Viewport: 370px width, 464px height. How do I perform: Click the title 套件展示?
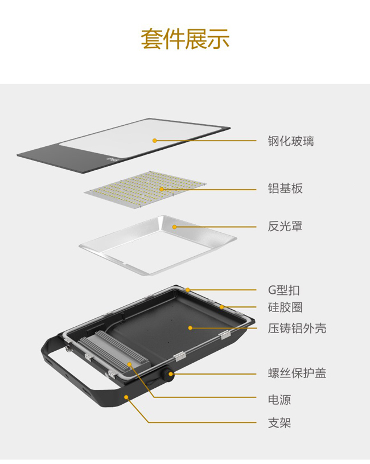(185, 39)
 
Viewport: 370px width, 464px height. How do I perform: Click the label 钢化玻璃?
(291, 141)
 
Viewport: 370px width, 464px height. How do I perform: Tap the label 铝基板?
(285, 188)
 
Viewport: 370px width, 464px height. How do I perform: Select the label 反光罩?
(285, 227)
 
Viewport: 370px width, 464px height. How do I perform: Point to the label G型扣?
(284, 290)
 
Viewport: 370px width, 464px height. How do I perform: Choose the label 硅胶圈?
(285, 307)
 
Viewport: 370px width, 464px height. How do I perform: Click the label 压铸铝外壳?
(297, 328)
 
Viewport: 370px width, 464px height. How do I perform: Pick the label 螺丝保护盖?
(297, 373)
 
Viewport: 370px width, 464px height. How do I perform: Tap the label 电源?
(279, 400)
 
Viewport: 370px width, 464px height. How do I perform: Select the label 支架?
(279, 423)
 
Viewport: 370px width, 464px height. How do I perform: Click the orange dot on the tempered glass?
(154, 141)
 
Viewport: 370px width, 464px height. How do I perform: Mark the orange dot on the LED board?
(162, 189)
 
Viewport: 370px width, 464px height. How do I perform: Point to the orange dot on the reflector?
(175, 227)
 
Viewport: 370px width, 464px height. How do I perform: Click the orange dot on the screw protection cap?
(171, 373)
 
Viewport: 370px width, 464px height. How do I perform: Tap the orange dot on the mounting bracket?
(126, 397)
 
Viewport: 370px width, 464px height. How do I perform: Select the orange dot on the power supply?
(129, 364)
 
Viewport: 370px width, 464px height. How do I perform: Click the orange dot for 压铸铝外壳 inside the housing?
(190, 328)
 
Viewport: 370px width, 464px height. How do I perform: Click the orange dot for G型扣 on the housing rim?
(188, 290)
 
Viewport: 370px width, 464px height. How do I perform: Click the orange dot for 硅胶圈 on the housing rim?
(221, 307)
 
